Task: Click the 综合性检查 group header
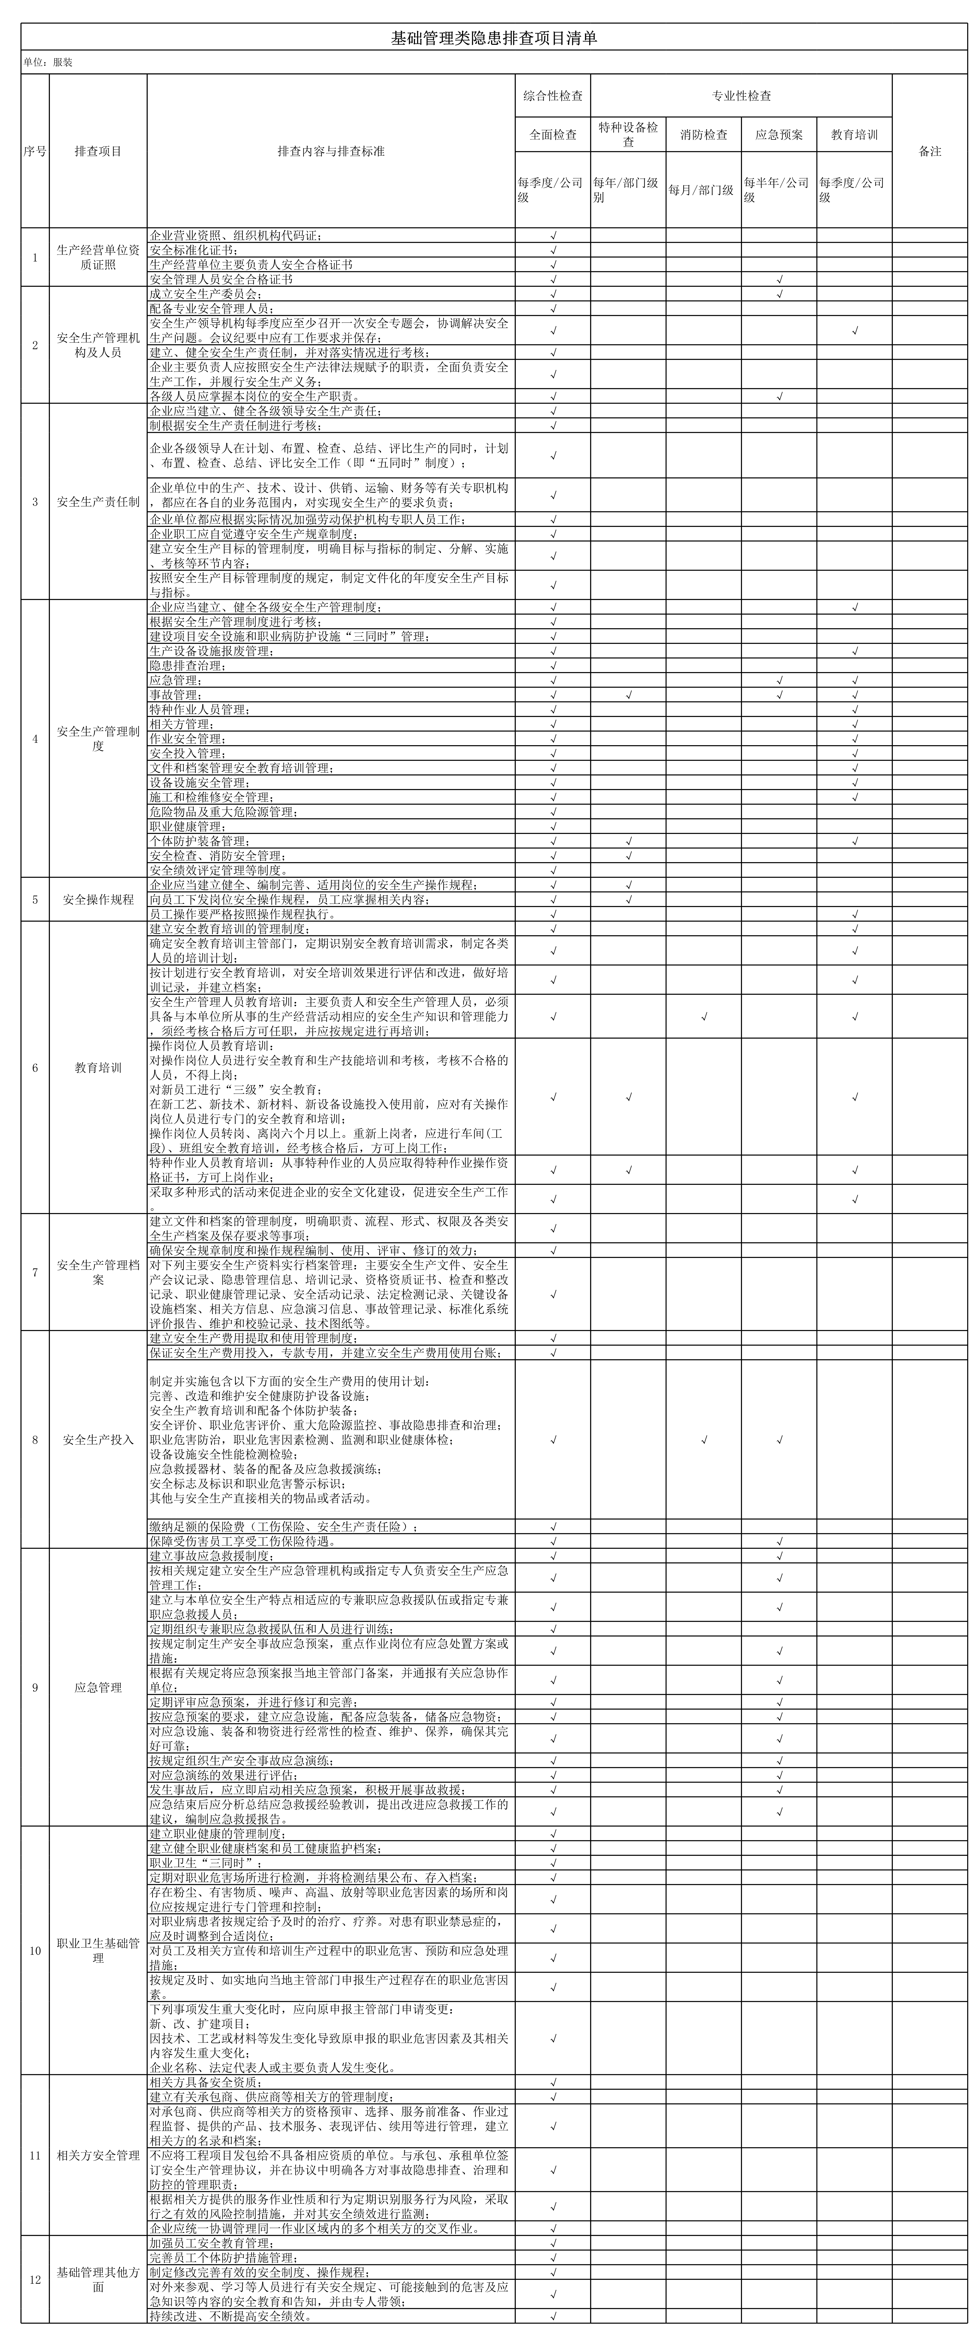553,95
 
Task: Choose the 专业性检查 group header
741,95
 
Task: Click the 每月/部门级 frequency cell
704,190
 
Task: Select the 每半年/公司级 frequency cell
779,190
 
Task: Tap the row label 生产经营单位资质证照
98,257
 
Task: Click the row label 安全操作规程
98,900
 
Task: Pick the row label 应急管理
98,1688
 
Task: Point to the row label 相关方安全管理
98,2155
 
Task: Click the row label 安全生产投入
98,1440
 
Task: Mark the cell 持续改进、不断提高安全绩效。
232,2316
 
